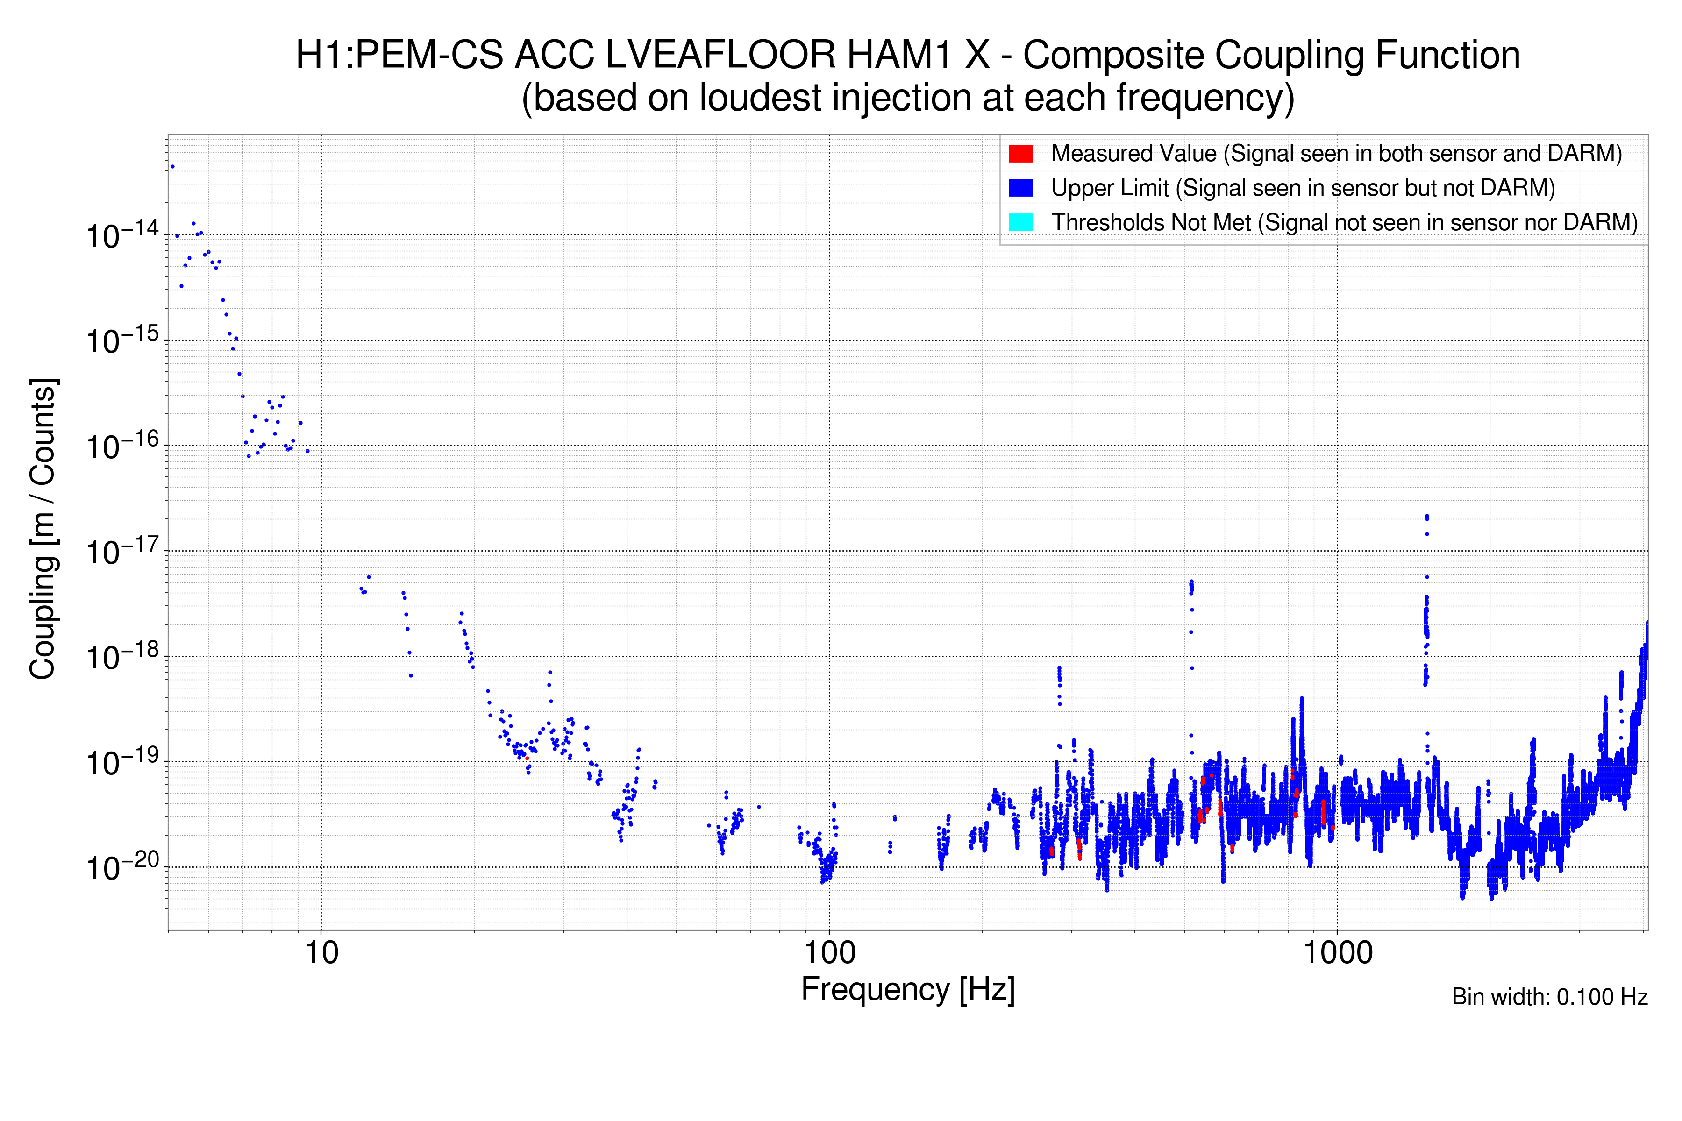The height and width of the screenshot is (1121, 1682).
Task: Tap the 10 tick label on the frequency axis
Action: [321, 953]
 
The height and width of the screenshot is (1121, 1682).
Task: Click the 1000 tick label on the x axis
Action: [1337, 953]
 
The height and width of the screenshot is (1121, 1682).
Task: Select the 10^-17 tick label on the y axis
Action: [121, 552]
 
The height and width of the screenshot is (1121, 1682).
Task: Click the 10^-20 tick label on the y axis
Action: [121, 868]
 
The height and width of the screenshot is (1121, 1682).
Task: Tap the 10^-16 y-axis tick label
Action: [121, 446]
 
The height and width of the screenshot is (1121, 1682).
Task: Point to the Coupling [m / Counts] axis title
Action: [43, 529]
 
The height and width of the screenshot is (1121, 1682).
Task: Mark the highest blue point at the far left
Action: [172, 167]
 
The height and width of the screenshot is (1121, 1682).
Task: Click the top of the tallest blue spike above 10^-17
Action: [1427, 516]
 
